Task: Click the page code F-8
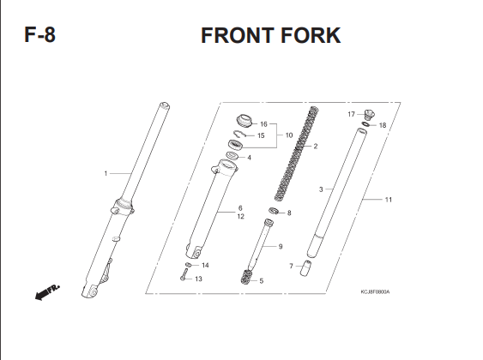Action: point(39,35)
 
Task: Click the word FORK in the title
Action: point(311,35)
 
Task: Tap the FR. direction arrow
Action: point(47,292)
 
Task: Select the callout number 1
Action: point(106,174)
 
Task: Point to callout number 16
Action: point(263,124)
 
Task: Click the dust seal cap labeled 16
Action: point(245,120)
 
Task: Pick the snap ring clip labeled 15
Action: point(240,134)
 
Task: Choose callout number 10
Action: point(289,135)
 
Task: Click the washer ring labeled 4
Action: point(232,156)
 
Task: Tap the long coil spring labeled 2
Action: point(296,153)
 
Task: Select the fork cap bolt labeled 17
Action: point(369,115)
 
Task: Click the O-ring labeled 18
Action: point(365,124)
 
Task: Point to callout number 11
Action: point(389,200)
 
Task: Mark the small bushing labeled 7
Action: point(305,268)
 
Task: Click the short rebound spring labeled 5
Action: point(247,277)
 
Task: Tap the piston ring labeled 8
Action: point(274,211)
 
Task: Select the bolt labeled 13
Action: point(184,274)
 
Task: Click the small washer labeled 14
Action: point(188,265)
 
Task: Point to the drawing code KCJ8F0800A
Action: point(375,291)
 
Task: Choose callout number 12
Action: point(240,216)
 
